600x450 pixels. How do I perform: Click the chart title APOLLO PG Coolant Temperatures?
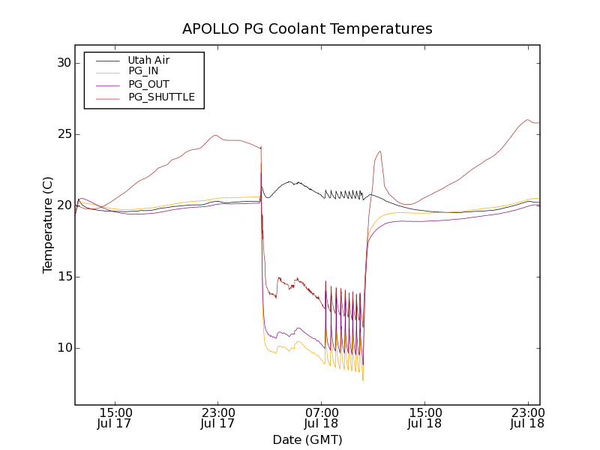[307, 29]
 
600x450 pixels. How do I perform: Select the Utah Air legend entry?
[148, 60]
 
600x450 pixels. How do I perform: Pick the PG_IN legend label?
[143, 71]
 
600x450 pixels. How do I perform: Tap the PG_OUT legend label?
[148, 84]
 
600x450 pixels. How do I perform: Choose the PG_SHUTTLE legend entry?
[161, 97]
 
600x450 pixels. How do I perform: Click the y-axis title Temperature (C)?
[48, 225]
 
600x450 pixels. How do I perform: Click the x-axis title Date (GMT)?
[307, 439]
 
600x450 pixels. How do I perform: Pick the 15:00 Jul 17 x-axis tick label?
[115, 418]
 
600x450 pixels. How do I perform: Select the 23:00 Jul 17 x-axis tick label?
[218, 418]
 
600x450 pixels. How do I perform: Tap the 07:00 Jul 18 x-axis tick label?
[322, 418]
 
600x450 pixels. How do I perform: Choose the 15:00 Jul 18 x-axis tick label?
[424, 418]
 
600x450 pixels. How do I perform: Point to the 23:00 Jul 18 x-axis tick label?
[527, 418]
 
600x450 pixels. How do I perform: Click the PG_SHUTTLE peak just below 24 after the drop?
[380, 151]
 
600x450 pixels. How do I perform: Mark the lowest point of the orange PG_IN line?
[363, 380]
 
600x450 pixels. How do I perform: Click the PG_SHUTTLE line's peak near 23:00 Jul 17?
[215, 135]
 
